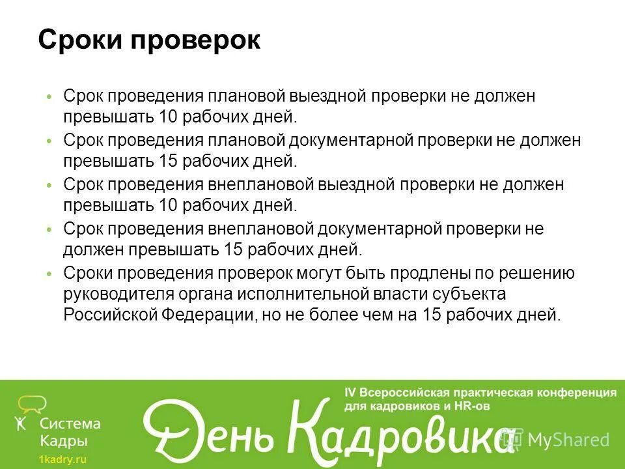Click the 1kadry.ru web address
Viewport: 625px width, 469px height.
[62, 459]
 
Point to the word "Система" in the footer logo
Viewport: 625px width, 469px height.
[71, 423]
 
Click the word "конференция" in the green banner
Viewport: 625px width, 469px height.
[576, 393]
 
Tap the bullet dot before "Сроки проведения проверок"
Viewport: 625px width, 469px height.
[49, 275]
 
